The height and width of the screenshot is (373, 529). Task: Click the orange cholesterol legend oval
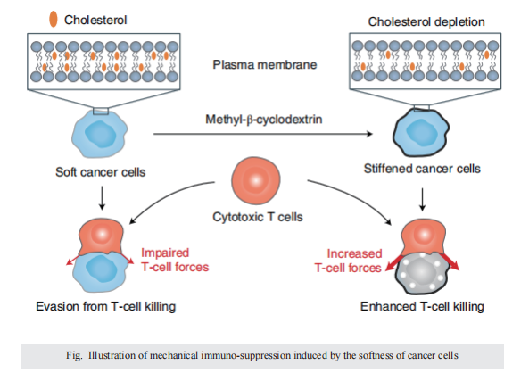click(54, 19)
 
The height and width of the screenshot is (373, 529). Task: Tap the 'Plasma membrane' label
click(265, 64)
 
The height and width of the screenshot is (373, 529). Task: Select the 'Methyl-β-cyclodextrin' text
click(264, 120)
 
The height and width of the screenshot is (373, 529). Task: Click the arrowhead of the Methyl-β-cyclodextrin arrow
click(369, 134)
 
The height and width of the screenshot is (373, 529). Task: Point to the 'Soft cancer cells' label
click(101, 172)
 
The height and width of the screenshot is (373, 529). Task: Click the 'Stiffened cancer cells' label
click(422, 169)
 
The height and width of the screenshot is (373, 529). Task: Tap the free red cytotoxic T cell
click(256, 180)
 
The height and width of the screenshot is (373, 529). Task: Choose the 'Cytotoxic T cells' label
click(258, 217)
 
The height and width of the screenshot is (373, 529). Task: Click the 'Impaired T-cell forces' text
click(175, 260)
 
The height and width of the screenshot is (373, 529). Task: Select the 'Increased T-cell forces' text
click(348, 261)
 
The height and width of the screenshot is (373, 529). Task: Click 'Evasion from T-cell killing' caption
click(106, 306)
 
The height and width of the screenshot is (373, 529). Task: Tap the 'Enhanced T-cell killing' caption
click(422, 306)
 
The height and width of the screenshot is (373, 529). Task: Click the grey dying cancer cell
click(422, 273)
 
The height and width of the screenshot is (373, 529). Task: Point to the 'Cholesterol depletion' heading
click(426, 21)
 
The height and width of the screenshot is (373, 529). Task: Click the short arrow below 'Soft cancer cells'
click(102, 197)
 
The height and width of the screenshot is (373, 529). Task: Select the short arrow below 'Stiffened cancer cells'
click(422, 199)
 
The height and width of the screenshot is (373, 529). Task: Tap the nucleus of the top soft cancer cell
click(100, 134)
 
